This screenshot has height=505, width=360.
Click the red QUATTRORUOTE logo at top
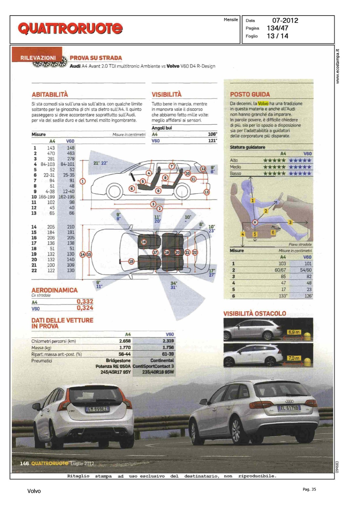pyautogui.click(x=70, y=28)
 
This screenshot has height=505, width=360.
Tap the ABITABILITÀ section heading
pyautogui.click(x=50, y=95)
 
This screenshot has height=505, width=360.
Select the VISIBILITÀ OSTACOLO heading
pyautogui.click(x=255, y=313)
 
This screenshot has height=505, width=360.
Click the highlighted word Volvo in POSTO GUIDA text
pyautogui.click(x=263, y=104)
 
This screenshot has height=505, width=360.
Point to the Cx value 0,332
pyautogui.click(x=85, y=302)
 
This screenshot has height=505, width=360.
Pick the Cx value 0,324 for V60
pyautogui.click(x=85, y=308)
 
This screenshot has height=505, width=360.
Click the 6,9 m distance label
pyautogui.click(x=294, y=332)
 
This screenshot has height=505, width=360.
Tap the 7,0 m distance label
pyautogui.click(x=294, y=358)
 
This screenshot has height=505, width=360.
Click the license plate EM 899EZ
pyautogui.click(x=97, y=409)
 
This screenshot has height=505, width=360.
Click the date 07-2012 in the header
pyautogui.click(x=285, y=21)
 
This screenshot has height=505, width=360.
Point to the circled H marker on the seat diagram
pyautogui.click(x=255, y=222)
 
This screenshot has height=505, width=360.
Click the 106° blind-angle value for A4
pyautogui.click(x=212, y=134)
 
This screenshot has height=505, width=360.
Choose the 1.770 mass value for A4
pyautogui.click(x=125, y=347)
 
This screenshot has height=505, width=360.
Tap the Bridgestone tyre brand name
pyautogui.click(x=118, y=361)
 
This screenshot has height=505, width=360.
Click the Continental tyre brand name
pyautogui.click(x=162, y=361)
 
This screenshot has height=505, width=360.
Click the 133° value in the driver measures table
pyautogui.click(x=283, y=296)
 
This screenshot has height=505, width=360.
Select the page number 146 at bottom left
pyautogui.click(x=24, y=464)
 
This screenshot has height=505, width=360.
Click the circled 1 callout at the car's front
pyautogui.click(x=83, y=181)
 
